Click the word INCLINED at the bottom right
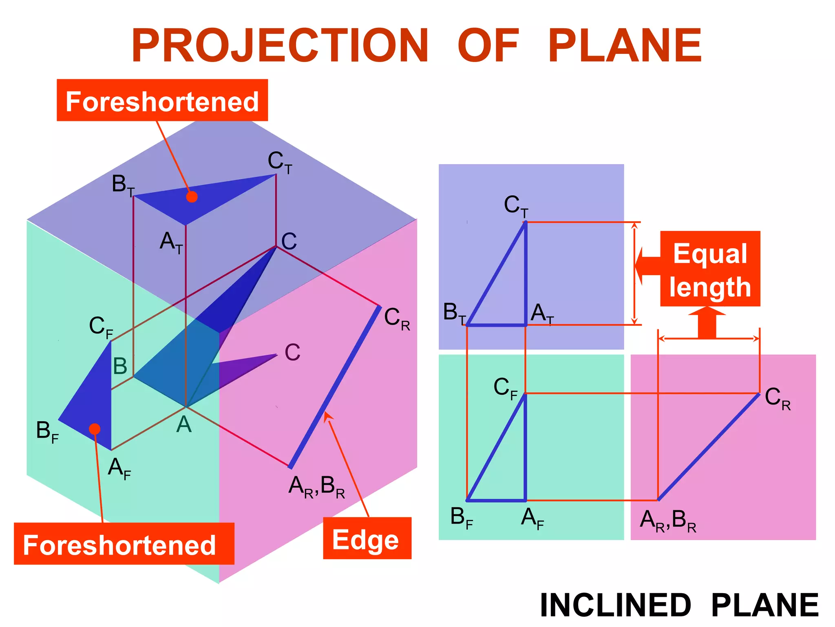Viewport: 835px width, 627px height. click(615, 605)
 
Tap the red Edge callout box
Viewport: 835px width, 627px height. click(367, 538)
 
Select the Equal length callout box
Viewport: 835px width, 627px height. click(710, 269)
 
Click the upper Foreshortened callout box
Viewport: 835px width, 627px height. click(162, 100)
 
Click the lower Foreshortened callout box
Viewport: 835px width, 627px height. click(124, 544)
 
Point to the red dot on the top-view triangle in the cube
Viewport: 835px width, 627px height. click(192, 197)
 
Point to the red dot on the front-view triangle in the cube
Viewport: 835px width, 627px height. click(95, 429)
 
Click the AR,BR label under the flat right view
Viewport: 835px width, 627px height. click(668, 521)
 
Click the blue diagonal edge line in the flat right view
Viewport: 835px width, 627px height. click(709, 447)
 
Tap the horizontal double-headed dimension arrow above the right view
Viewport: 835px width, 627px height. click(709, 338)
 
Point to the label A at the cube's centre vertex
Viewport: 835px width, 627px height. click(184, 425)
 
